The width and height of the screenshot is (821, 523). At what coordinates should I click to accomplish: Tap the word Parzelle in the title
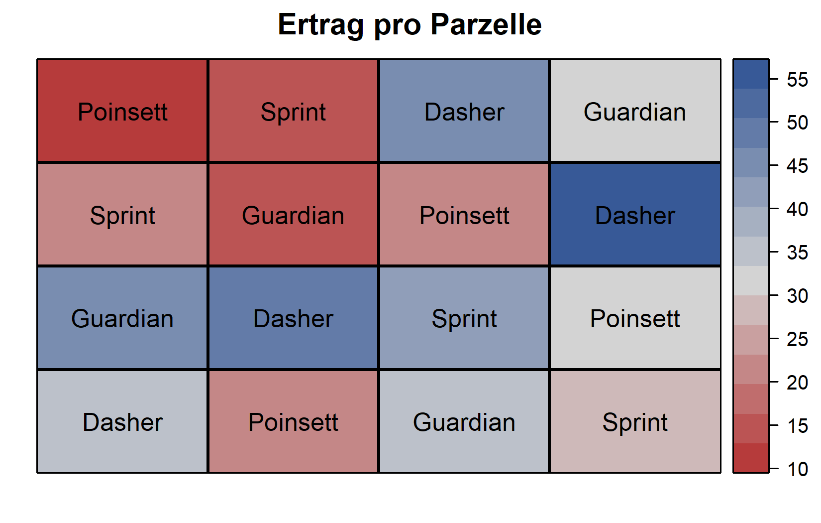pos(486,24)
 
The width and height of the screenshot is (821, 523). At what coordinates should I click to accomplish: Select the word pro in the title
pos(397,27)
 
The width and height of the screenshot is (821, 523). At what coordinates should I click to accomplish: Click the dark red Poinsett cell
pos(122,111)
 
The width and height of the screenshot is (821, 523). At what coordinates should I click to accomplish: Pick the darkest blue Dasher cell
pos(635,214)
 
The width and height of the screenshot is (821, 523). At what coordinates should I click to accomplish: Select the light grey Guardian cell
pos(635,111)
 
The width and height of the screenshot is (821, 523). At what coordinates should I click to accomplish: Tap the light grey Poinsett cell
pos(635,318)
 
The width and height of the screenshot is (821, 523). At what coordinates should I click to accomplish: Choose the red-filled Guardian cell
pos(293,214)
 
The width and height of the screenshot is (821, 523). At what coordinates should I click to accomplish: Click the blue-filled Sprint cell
pos(464,318)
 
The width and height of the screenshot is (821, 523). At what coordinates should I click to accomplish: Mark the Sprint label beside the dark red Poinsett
pos(293,112)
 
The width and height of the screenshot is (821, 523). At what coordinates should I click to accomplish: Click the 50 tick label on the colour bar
pos(797,123)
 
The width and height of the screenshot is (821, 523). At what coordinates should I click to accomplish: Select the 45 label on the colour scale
pos(797,166)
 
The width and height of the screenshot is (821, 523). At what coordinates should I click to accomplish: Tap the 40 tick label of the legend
pos(797,209)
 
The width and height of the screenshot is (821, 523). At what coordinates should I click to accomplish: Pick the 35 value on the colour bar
pos(797,253)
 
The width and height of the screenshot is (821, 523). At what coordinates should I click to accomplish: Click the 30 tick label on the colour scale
pos(797,296)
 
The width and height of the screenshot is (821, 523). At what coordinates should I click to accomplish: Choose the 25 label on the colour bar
pos(797,339)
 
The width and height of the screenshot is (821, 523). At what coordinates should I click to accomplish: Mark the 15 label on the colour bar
pos(797,426)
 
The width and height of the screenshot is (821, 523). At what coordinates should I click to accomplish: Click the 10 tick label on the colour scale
pos(797,469)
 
